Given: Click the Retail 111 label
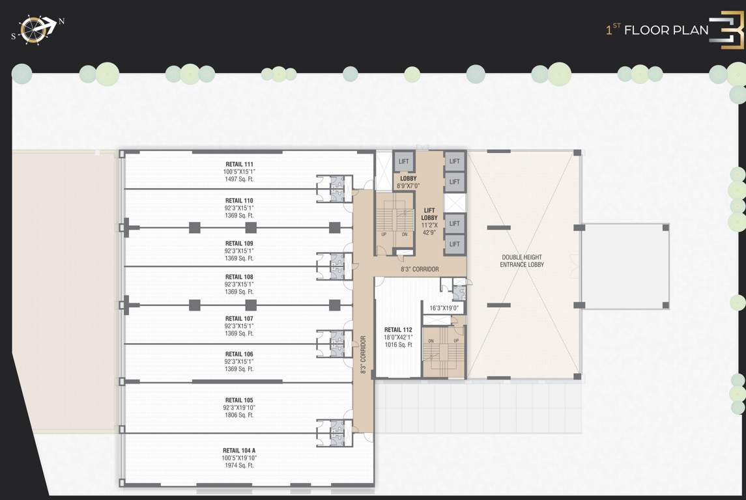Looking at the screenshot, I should [239, 164].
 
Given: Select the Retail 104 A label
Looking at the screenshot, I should [239, 451].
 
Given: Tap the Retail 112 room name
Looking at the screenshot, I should [397, 329].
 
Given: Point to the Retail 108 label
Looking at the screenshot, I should [239, 277].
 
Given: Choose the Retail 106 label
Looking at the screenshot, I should [239, 354].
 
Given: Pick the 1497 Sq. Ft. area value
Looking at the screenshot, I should [239, 179].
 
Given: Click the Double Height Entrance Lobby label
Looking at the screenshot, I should [522, 261].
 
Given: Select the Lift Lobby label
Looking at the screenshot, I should [429, 214].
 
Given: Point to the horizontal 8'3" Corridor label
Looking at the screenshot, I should [420, 269].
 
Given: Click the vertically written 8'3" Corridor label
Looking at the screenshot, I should [363, 354].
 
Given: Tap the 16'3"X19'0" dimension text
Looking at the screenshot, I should [444, 308].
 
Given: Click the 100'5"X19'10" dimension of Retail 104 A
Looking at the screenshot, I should [239, 458].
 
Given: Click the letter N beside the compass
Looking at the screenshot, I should [62, 21].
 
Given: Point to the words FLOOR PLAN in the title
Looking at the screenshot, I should [666, 30].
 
